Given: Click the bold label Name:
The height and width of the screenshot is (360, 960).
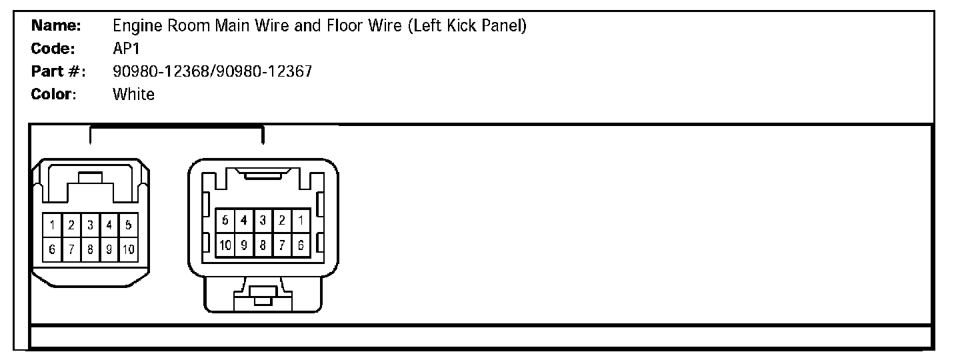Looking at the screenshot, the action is coord(56,26).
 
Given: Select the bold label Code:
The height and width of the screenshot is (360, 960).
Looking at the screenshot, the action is coord(53,49).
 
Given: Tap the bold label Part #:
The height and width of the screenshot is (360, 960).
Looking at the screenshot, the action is coord(58,71).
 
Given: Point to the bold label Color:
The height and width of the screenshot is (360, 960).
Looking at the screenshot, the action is coord(54,94).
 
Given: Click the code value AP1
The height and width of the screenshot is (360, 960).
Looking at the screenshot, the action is coord(127,49).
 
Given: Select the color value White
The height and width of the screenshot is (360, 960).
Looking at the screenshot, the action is coord(133,94).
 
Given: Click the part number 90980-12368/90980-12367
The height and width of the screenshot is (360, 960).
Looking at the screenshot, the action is coord(212,71).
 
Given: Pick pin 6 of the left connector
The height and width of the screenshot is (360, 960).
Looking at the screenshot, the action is coord(51,249).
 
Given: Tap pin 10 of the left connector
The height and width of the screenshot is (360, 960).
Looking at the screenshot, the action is coord(128,249).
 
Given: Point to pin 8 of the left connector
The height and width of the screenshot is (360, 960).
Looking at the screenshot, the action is coord(90,249).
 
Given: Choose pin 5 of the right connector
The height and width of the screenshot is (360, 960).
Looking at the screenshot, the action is coord(225,220).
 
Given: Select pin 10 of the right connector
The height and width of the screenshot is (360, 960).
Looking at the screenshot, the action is coord(225,245).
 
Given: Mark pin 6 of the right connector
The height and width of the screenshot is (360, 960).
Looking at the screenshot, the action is coord(301,245).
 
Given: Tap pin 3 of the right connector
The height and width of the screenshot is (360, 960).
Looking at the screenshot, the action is coord(263,220).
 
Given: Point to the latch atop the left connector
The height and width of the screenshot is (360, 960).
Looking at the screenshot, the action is coord(90,179).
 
